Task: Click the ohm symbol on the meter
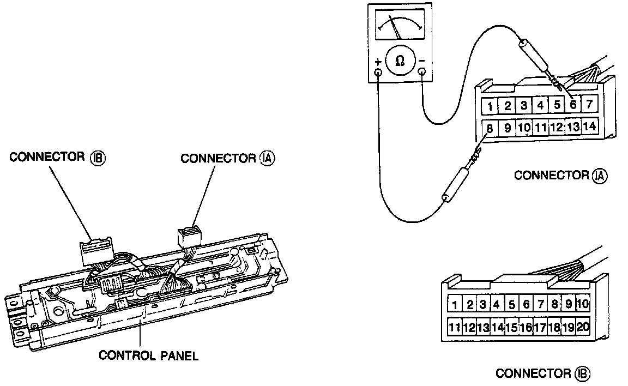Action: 400,62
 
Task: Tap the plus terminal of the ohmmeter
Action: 378,71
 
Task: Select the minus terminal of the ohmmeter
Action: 421,71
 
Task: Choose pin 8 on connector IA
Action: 490,129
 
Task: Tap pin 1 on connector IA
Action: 491,105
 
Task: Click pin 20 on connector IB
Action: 583,327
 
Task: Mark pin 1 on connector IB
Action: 454,304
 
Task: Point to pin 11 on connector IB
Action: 455,327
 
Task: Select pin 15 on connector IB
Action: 511,327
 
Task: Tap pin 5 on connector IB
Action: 511,304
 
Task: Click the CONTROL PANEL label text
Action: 148,356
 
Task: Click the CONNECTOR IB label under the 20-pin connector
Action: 542,373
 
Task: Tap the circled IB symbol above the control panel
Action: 98,158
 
